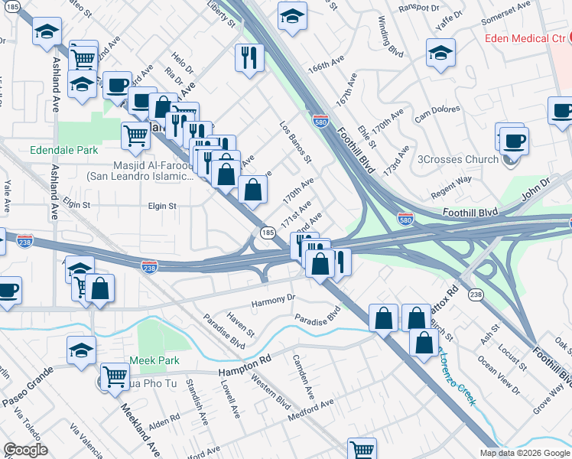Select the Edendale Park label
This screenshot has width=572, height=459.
64,151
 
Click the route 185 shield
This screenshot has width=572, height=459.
267,232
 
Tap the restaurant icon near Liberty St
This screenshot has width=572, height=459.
249,58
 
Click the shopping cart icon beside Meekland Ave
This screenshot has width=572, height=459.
115,376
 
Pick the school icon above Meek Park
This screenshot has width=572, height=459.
81,349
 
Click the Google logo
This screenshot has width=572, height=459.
26,450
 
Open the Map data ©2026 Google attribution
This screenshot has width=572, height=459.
524,453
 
